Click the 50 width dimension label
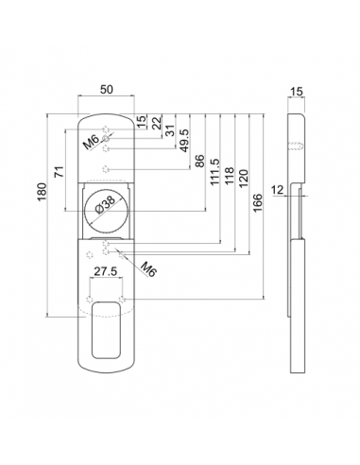click(x=107, y=90)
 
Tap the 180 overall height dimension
click(x=42, y=192)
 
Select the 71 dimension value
click(x=60, y=172)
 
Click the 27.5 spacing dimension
click(x=106, y=271)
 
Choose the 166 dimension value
click(x=257, y=203)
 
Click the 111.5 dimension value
click(x=214, y=172)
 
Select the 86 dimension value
click(x=199, y=161)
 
